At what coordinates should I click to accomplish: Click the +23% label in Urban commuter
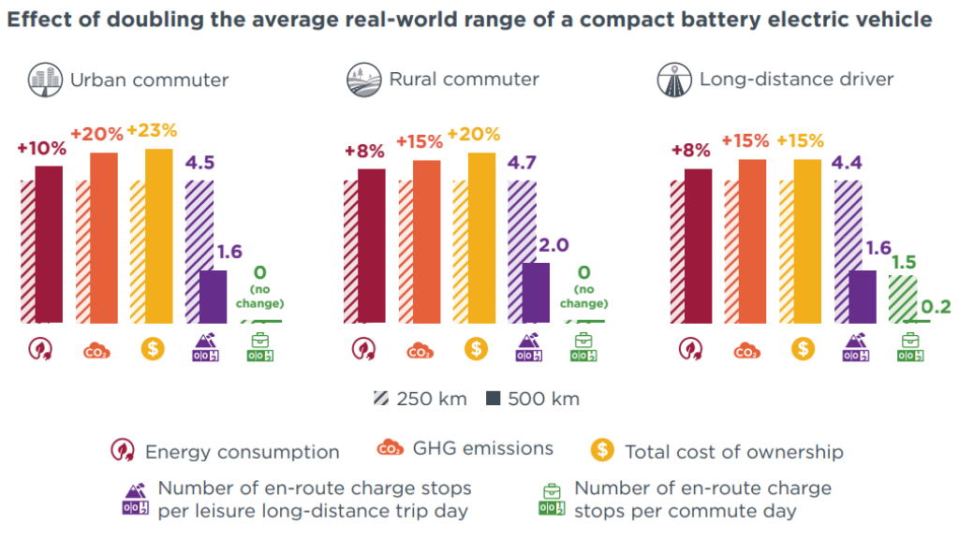(152, 131)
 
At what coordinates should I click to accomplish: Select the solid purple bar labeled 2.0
(536, 293)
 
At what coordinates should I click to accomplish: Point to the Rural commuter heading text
(464, 80)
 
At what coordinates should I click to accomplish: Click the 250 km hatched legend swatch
(380, 399)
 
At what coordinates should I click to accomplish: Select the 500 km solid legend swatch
(493, 399)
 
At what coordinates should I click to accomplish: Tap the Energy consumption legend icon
(123, 451)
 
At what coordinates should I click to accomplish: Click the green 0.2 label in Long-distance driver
(937, 307)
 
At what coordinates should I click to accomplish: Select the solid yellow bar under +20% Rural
(481, 238)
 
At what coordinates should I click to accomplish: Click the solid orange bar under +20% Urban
(104, 238)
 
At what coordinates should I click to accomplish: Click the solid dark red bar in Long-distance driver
(699, 246)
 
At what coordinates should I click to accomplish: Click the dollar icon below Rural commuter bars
(477, 349)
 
